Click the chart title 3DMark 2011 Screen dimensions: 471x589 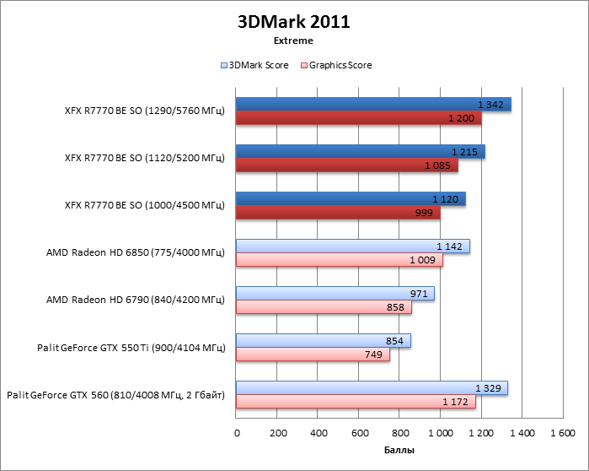[293, 22]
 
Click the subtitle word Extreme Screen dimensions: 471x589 [293, 41]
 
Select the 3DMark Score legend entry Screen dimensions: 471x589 [254, 65]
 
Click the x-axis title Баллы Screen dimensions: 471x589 [399, 451]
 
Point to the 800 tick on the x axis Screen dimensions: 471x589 [399, 433]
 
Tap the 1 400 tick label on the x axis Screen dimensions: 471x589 [522, 433]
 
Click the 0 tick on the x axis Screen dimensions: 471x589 [237, 433]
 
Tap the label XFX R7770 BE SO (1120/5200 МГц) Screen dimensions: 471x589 [144, 158]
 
